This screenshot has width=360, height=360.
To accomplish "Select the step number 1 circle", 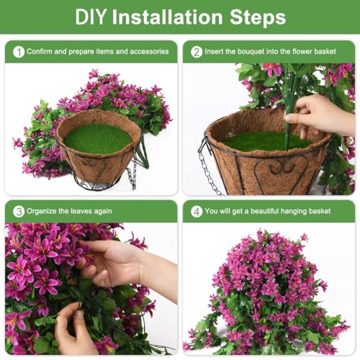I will (x=18, y=52).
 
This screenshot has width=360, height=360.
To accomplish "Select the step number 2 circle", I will (x=197, y=52).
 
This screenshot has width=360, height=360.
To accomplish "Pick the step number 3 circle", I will (x=18, y=211).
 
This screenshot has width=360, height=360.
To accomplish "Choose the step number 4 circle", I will (x=197, y=211).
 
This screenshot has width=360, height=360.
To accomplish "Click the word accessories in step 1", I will (x=147, y=52).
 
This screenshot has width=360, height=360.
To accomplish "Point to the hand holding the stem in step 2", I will (x=317, y=115).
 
